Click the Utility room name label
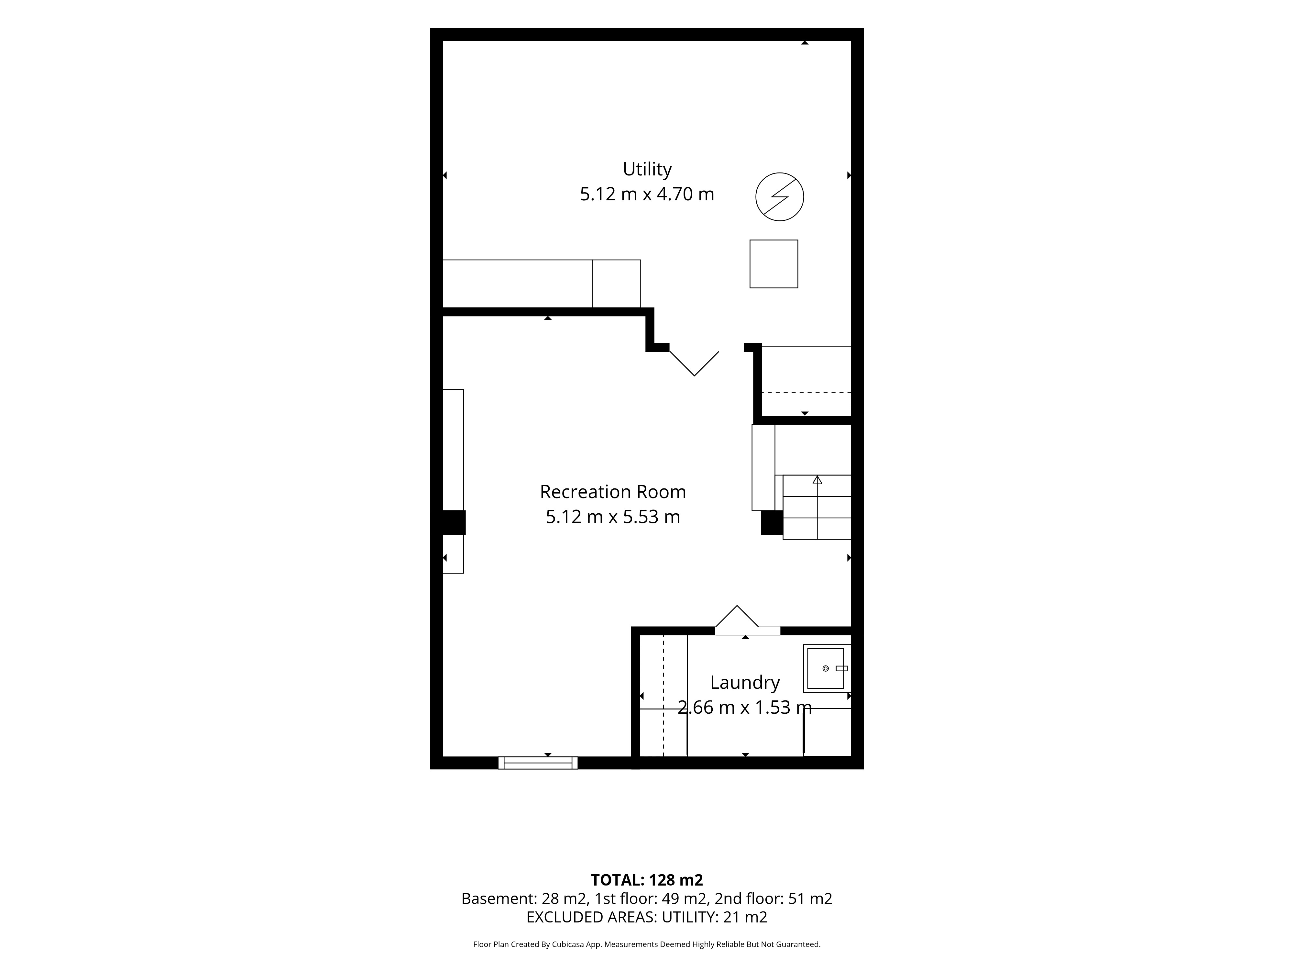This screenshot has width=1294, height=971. coord(647,169)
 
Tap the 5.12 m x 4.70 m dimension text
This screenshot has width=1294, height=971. coord(647,194)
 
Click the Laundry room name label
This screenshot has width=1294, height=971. coord(745,682)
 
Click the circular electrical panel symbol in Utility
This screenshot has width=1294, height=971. coord(780,197)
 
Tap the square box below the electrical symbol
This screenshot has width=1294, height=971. coord(774,264)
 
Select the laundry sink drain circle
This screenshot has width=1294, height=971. coord(826,668)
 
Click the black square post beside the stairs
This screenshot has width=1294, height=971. coord(772,523)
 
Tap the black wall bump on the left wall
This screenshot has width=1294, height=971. coord(448,523)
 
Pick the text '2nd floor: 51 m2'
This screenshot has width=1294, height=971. coord(773,899)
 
